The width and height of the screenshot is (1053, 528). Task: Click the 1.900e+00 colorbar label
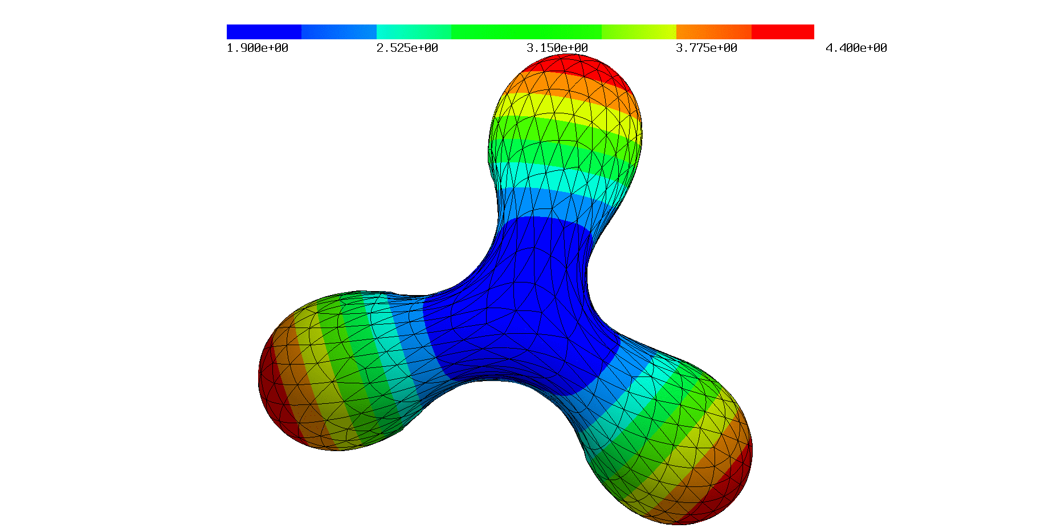[258, 48]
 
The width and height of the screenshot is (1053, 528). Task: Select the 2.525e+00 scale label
[407, 48]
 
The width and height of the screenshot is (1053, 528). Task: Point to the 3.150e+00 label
[557, 48]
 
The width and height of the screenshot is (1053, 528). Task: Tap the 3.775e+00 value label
[707, 48]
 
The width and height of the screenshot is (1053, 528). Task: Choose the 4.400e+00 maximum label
[856, 48]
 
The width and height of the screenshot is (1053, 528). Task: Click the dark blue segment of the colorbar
[264, 32]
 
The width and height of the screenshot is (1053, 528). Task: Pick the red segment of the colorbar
[783, 32]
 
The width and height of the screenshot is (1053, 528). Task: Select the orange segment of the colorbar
[714, 32]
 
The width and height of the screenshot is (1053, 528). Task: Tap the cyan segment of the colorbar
[414, 32]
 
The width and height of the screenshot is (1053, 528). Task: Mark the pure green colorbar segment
[526, 32]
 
